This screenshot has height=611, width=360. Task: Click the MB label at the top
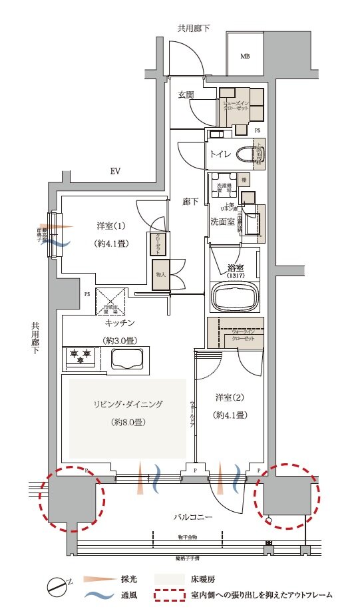coord(244,57)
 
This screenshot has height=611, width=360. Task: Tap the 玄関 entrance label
coord(186,95)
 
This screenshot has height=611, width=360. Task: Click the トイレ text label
coord(221,154)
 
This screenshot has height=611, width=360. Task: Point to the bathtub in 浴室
coord(234,294)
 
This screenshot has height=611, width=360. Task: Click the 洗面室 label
coord(223,221)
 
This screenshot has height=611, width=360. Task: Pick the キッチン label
coord(120,323)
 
